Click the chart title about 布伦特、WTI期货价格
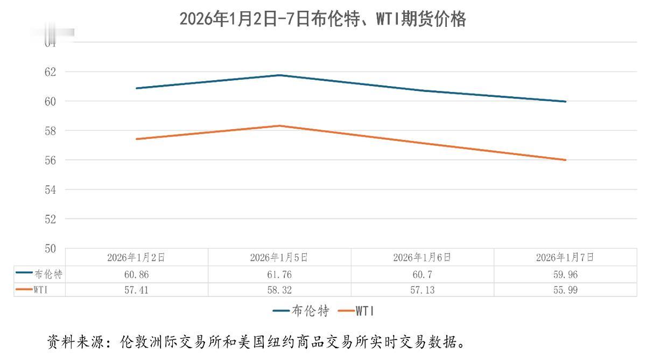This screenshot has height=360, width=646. click(322, 19)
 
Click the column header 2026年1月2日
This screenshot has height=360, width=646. click(136, 257)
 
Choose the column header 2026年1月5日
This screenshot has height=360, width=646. click(279, 257)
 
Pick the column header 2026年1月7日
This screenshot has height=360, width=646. click(565, 257)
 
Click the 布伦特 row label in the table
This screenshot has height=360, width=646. click(48, 274)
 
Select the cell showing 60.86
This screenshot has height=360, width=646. click(136, 274)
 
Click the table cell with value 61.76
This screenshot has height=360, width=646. click(279, 274)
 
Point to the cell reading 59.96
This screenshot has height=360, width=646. click(565, 274)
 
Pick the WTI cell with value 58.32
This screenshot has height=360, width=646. click(279, 290)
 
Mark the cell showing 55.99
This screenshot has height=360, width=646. click(565, 290)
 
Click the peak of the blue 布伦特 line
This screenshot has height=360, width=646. click(279, 75)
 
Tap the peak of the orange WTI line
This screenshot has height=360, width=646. click(279, 126)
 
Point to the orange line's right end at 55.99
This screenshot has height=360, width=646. click(565, 160)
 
